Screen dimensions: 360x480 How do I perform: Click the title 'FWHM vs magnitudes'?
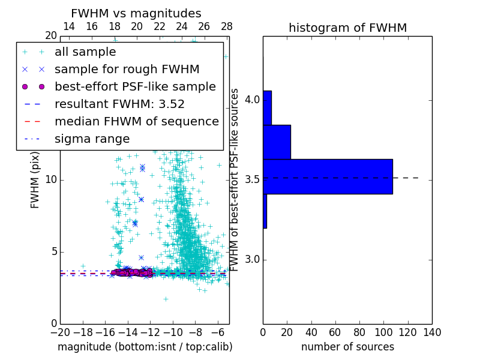pos(136,14)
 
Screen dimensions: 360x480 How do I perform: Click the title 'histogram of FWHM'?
pos(347,28)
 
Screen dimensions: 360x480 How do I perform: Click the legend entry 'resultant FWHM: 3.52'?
pos(119,104)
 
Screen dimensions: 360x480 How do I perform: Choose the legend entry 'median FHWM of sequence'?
pos(136,122)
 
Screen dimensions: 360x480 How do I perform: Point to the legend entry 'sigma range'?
pos(92,139)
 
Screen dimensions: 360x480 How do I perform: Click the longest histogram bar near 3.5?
pos(328,176)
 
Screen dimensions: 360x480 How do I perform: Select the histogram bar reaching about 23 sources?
pos(277,142)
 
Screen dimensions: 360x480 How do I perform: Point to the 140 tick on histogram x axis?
pos(432,332)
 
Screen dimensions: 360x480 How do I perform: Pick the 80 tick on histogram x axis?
pos(359,332)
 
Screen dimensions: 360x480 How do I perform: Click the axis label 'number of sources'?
pos(347,347)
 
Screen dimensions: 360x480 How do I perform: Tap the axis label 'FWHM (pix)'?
pos(35,179)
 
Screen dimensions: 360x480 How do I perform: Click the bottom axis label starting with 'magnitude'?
pos(145,347)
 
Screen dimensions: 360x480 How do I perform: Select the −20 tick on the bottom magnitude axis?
pos(60,332)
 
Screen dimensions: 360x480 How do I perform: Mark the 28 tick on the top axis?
pos(226,26)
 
